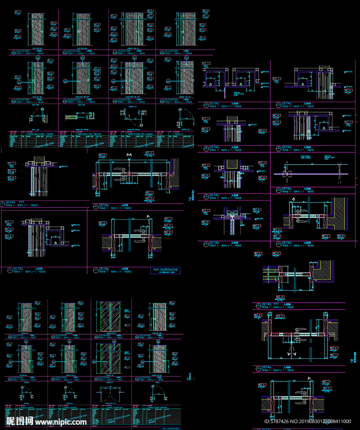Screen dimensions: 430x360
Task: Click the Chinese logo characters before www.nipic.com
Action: pos(20,421)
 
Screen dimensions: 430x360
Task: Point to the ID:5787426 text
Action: pos(277,421)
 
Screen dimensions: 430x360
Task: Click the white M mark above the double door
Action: pos(129,155)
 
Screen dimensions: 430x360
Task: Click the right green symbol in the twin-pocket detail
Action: pos(241,83)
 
